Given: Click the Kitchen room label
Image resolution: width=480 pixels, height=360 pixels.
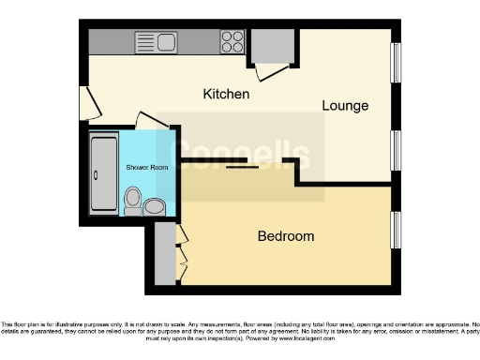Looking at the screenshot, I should [227, 95].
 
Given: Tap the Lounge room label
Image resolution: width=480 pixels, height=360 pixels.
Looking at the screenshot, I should [345, 106].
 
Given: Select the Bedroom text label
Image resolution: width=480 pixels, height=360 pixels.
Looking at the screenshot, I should [286, 236].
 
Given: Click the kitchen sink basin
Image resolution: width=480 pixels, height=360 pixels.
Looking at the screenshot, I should [156, 40].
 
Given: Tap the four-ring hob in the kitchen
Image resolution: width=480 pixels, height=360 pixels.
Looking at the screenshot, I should [232, 41].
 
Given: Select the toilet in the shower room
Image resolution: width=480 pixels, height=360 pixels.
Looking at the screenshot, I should [134, 199].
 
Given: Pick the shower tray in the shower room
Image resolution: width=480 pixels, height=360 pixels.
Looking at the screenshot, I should [102, 172].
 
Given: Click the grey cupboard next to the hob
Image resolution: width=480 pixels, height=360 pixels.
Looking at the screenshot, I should [275, 44].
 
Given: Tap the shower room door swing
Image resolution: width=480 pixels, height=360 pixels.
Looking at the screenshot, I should [146, 122].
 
